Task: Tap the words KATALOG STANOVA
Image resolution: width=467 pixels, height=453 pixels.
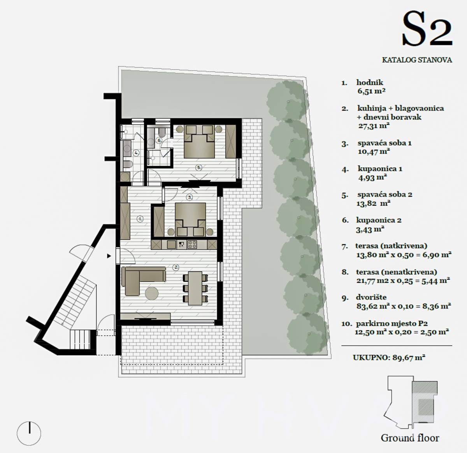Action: point(417,60)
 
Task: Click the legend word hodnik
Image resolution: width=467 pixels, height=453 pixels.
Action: point(370,83)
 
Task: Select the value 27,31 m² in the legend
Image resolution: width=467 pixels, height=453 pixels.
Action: point(374,126)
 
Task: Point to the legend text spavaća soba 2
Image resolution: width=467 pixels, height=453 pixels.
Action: point(384,194)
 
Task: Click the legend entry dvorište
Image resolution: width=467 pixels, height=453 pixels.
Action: point(371,297)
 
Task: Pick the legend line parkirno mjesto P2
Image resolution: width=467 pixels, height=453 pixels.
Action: point(392,323)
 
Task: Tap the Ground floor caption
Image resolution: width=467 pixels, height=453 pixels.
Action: point(410,438)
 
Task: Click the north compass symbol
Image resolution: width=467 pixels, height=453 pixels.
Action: point(29,433)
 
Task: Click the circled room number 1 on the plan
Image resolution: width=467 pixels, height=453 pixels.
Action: point(140,219)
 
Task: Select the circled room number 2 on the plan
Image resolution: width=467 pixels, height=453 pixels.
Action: point(176,267)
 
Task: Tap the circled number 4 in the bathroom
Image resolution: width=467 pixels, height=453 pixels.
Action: point(136,153)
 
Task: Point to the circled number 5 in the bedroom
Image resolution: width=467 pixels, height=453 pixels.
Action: point(199,168)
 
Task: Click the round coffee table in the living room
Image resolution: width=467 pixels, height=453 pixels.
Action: point(152,293)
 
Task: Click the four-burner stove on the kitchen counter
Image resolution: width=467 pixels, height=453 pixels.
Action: point(192,244)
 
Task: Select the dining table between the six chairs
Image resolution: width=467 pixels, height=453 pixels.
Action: point(195,288)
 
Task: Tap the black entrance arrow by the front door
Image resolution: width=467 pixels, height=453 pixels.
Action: point(109,256)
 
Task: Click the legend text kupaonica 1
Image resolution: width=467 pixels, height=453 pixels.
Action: point(380,169)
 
